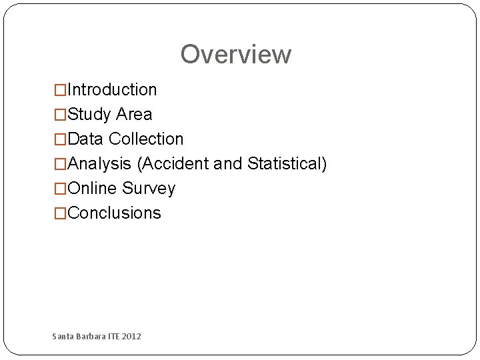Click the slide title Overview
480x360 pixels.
(235, 55)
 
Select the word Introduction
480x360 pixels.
(112, 90)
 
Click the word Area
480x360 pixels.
(134, 115)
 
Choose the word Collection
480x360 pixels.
(146, 139)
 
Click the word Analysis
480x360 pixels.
(100, 164)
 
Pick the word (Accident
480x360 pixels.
(173, 164)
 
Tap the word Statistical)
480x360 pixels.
(287, 164)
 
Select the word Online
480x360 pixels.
(93, 189)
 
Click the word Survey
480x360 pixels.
(149, 189)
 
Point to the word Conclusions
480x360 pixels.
(115, 213)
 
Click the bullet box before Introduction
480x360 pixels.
(60, 90)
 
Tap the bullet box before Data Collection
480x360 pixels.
(60, 139)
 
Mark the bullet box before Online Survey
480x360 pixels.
(60, 189)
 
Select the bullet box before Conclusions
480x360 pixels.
(60, 213)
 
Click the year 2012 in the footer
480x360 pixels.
(131, 337)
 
